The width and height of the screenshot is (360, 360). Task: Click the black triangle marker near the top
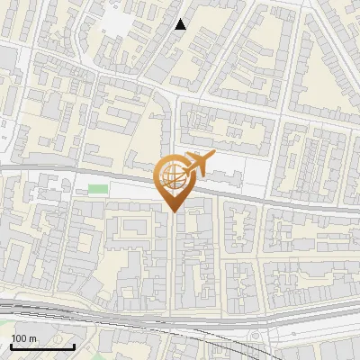tap(181, 24)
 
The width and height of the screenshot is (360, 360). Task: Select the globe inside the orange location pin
tap(171, 177)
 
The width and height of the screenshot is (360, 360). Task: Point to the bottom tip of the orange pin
tap(172, 211)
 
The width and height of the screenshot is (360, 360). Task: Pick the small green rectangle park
tap(98, 189)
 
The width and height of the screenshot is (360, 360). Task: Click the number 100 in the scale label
tap(20, 338)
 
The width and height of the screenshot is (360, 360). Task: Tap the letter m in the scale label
tap(32, 338)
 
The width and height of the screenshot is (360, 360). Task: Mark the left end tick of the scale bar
tap(11, 346)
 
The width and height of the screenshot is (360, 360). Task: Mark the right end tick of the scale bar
tap(74, 346)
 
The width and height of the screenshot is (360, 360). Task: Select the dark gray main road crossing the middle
tap(270, 199)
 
